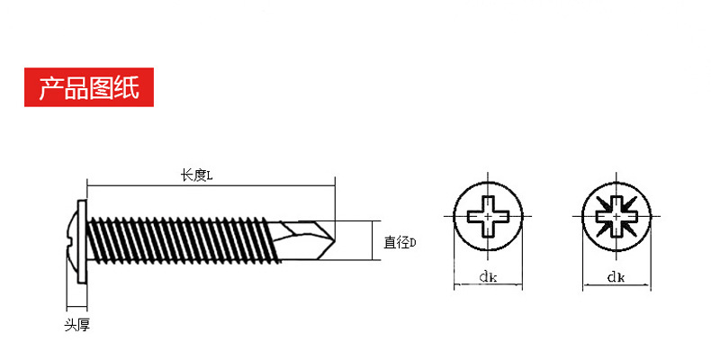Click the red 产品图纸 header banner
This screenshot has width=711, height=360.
click(82, 87)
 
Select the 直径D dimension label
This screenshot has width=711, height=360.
click(399, 242)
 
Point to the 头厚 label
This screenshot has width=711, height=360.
click(76, 325)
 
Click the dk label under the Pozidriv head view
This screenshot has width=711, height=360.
click(616, 276)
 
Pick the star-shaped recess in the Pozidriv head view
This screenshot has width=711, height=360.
click(616, 217)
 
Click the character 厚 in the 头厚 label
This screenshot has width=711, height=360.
click(83, 325)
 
